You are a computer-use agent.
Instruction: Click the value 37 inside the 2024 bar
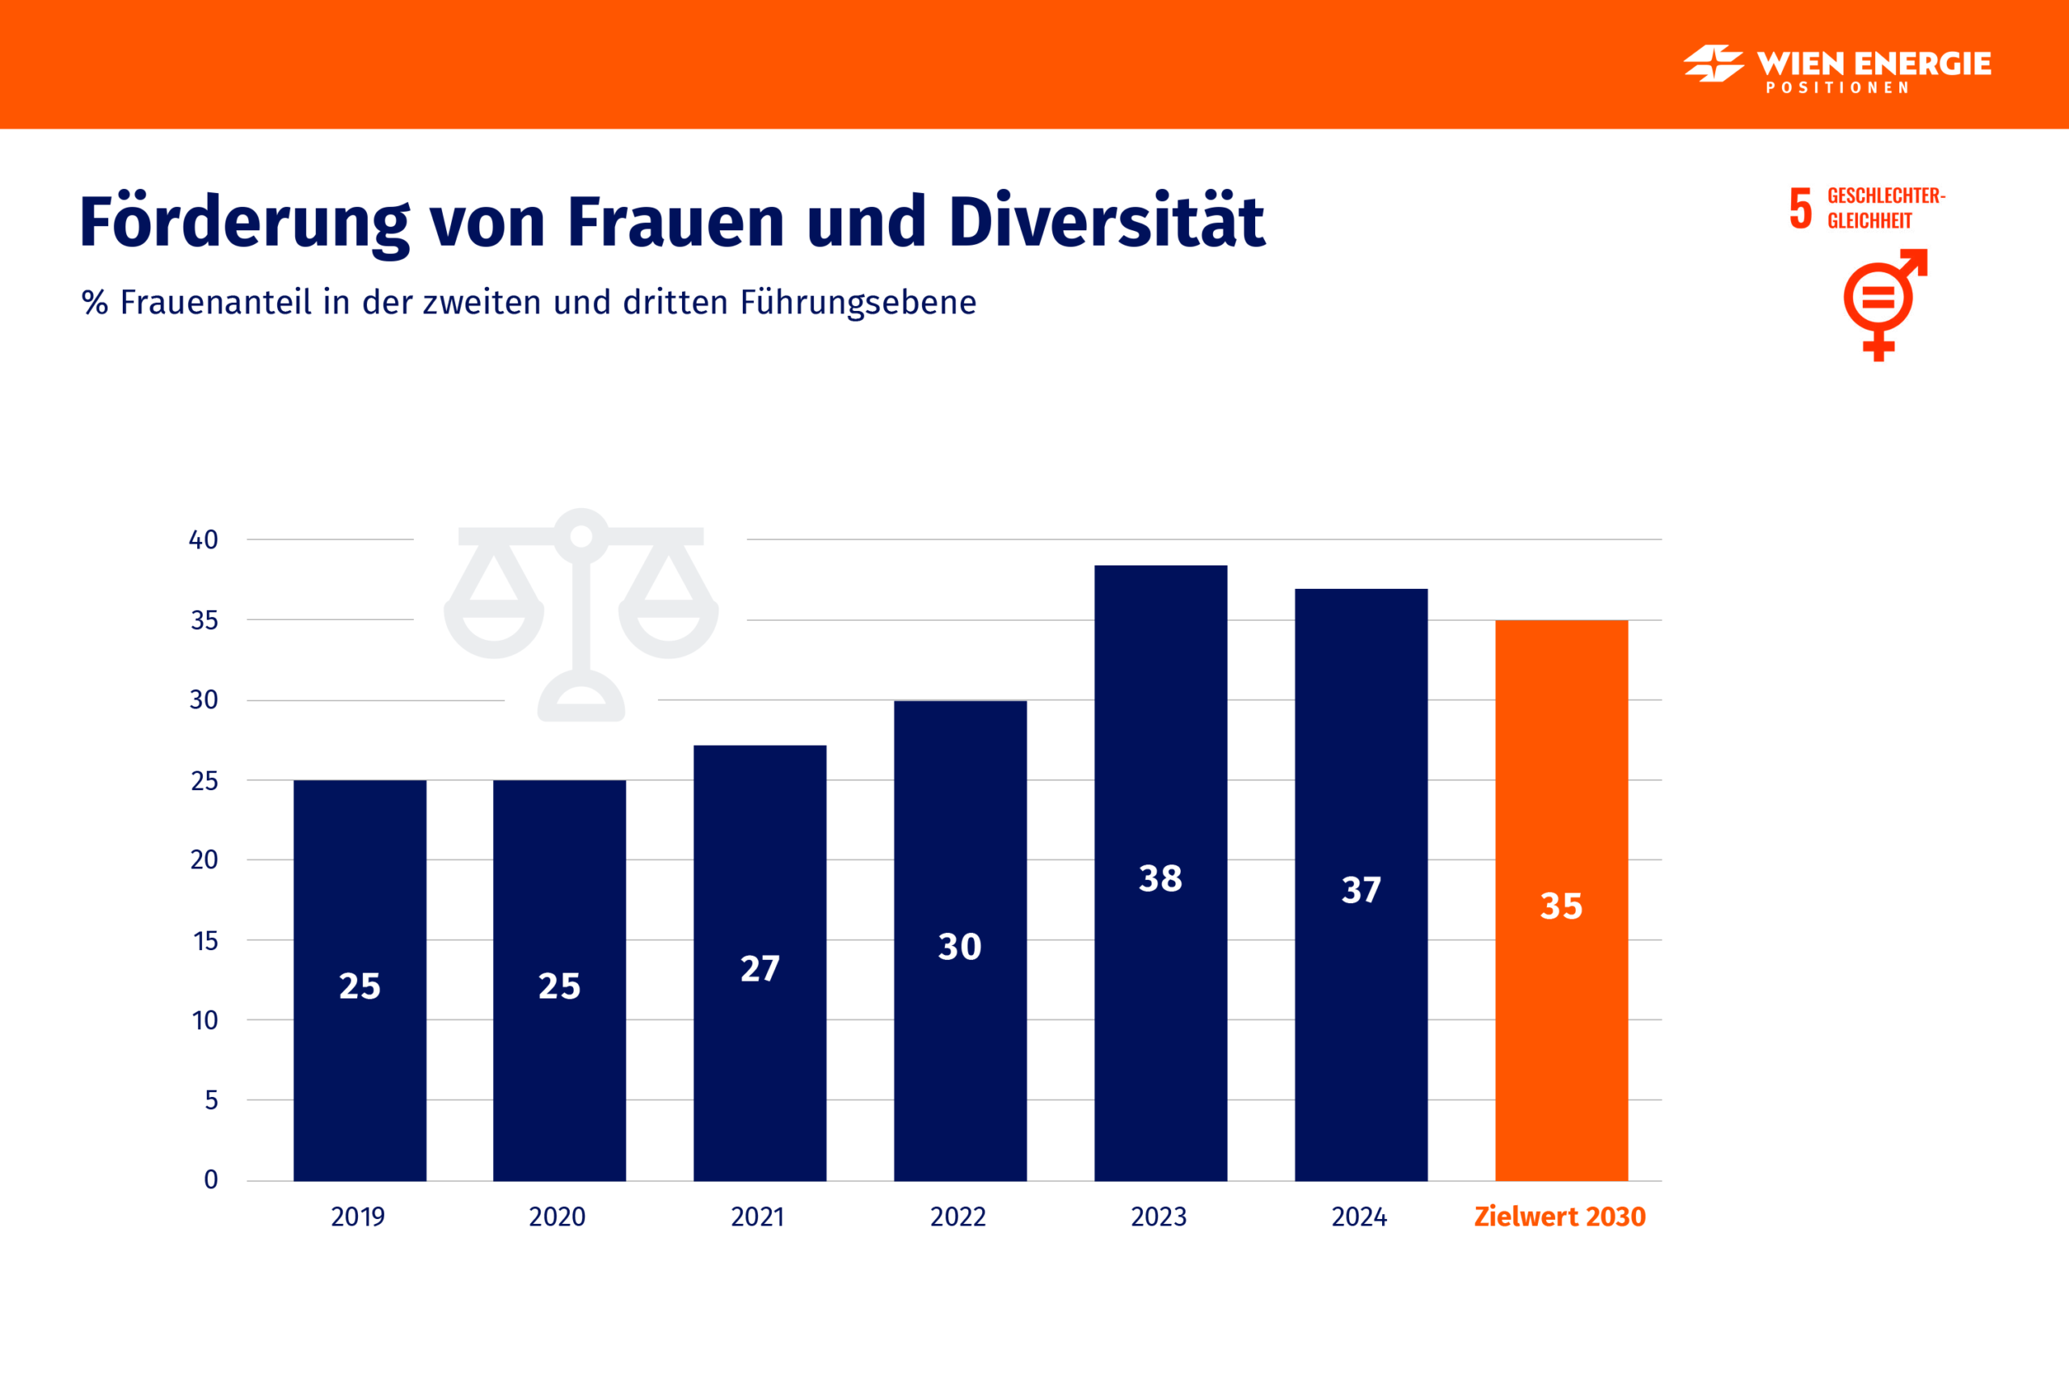(1361, 890)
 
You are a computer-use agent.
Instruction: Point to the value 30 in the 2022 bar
(959, 947)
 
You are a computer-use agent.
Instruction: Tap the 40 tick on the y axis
(203, 540)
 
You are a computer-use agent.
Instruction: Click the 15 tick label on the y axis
(205, 941)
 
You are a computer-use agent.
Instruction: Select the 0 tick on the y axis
(211, 1179)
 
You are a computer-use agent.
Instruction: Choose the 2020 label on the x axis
(557, 1217)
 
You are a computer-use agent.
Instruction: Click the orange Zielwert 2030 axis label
(1560, 1217)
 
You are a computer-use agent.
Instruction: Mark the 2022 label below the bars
(958, 1217)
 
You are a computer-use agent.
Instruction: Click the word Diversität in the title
(1106, 221)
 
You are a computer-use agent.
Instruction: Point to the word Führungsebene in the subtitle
(858, 302)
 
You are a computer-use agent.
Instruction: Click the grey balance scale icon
(581, 615)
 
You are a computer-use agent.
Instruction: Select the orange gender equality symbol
(1881, 304)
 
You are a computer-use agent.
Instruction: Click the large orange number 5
(1801, 208)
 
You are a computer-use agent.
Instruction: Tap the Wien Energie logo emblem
(1713, 63)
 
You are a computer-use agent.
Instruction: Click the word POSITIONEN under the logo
(1837, 88)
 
